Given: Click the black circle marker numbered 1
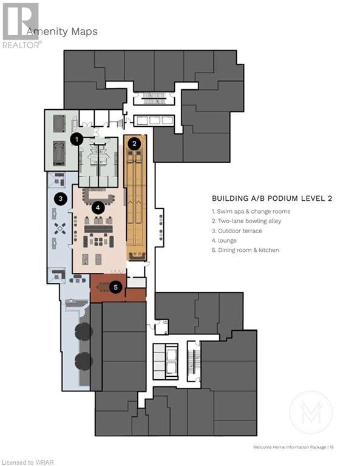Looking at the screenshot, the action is (77, 139).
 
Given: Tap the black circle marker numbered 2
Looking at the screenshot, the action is (134, 144).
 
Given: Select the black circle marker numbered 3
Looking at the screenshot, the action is (61, 198).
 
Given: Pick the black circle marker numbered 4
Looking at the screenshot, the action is (98, 208).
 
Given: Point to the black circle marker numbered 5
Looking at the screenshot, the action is (115, 287).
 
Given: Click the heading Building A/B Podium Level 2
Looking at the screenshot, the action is (272, 198).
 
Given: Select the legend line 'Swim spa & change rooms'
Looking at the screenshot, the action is (251, 211).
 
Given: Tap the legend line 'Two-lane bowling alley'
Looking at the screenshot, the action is (246, 221).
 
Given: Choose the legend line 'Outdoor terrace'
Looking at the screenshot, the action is (237, 231).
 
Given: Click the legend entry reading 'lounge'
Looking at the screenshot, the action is (224, 240).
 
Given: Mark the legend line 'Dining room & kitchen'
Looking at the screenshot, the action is (245, 250).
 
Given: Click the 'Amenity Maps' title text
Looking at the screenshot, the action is (62, 32).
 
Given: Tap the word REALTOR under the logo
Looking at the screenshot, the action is (21, 45).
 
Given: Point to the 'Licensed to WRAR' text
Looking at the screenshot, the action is (27, 462).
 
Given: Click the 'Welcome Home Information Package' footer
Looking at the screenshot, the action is (290, 447).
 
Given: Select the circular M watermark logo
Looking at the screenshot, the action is (311, 412).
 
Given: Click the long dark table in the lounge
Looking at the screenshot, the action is (98, 229).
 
